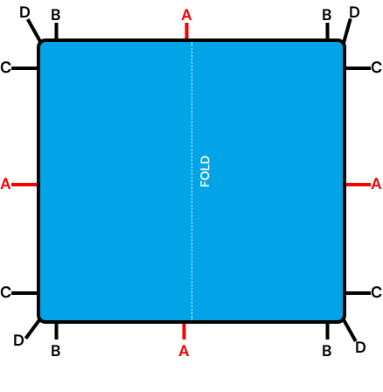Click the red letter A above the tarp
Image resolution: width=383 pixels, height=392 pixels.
(x=186, y=15)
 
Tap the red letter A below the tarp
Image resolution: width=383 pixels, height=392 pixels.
(x=184, y=351)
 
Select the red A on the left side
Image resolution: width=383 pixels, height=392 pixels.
(x=5, y=184)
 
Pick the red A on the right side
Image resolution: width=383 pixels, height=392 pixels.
(x=376, y=184)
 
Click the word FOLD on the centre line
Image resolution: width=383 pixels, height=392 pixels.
(x=205, y=171)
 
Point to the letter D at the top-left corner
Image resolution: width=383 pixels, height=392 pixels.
(x=24, y=12)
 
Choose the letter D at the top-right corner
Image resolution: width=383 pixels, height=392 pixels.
(x=354, y=12)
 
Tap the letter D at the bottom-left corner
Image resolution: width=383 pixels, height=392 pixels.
(x=19, y=340)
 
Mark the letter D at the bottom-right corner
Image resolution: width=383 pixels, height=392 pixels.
(x=360, y=347)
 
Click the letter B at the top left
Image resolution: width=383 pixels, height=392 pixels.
(x=56, y=15)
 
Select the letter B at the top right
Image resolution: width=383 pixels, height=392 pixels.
(x=327, y=15)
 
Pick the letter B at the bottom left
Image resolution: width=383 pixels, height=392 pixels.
(x=56, y=351)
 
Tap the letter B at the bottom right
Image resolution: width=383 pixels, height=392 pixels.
(x=327, y=351)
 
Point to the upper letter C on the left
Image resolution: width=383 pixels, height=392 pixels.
(x=5, y=67)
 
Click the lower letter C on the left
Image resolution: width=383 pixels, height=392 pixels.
(x=5, y=292)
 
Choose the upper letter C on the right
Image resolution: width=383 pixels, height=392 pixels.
(x=376, y=67)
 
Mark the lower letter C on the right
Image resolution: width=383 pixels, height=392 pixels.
(x=376, y=292)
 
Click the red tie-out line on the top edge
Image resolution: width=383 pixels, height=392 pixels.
(x=186, y=31)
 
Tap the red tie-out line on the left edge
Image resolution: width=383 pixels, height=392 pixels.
(x=24, y=185)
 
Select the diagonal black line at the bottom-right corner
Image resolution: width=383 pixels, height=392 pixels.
(x=349, y=330)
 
